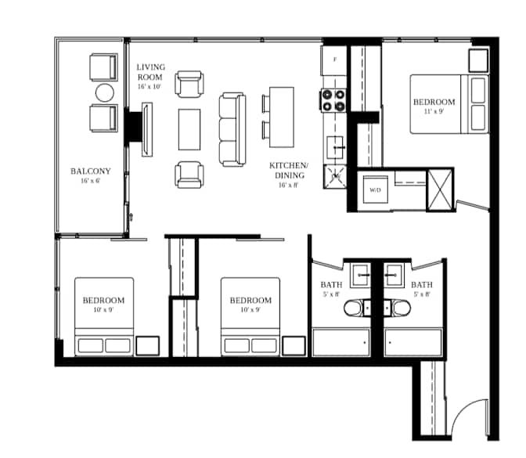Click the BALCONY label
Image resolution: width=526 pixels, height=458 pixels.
tap(91, 171)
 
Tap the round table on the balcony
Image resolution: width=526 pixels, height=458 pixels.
tap(105, 92)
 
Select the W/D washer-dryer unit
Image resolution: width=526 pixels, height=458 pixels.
tap(376, 189)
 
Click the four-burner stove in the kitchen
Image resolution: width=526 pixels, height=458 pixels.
tap(333, 100)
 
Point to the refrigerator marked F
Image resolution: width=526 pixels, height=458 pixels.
tap(334, 60)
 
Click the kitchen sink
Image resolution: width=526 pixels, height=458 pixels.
tap(335, 147)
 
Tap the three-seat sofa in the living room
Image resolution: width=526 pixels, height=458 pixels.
tap(232, 129)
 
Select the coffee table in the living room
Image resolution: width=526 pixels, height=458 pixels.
tap(189, 129)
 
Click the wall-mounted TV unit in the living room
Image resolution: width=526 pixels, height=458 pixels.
tap(147, 129)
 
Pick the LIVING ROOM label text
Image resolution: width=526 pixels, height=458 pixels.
tap(150, 72)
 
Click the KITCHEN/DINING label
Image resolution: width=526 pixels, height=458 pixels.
tap(289, 170)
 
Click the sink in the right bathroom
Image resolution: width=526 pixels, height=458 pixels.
tap(394, 275)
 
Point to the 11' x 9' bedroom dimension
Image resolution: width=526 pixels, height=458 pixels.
tap(434, 112)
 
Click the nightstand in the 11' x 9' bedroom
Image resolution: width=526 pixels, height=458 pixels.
tap(478, 60)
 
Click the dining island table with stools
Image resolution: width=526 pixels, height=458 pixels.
tap(278, 117)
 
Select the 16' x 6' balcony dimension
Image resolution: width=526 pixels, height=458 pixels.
tap(91, 181)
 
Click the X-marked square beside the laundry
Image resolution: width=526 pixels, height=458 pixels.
tap(440, 190)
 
